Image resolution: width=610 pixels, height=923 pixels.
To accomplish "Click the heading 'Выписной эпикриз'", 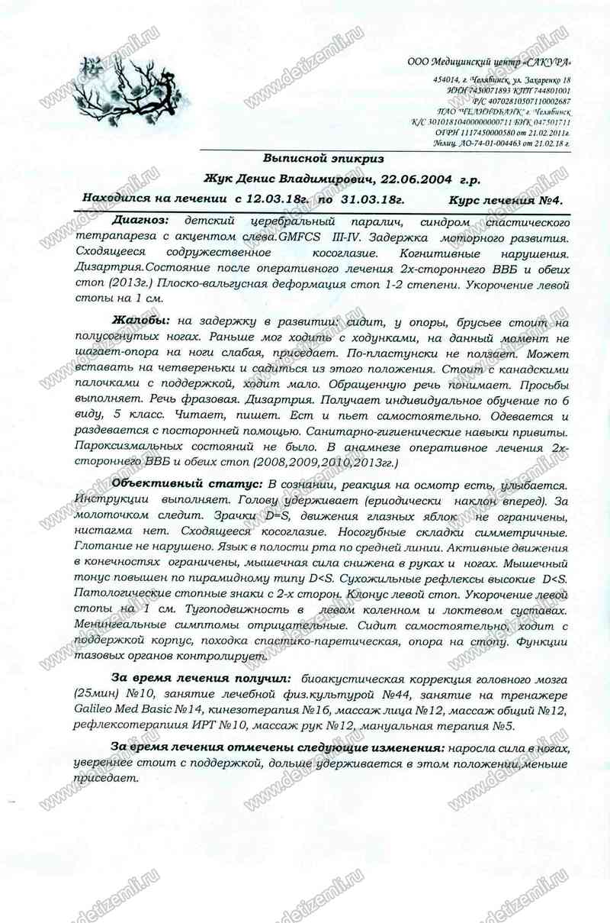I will [323, 158].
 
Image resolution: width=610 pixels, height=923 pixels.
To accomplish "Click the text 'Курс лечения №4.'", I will [506, 200].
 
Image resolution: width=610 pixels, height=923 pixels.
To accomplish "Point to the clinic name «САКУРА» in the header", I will [547, 62].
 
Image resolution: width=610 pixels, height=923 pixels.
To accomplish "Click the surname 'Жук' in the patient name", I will [218, 179].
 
